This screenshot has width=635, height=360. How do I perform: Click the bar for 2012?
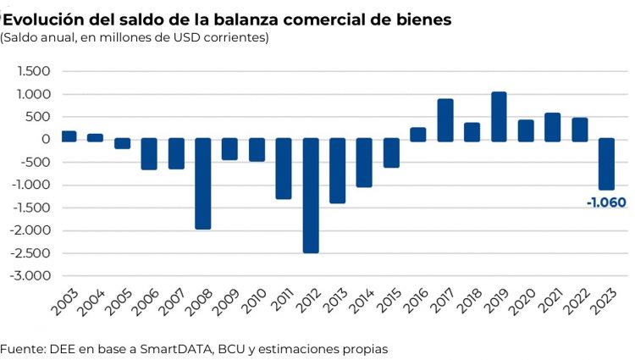pyautogui.click(x=311, y=195)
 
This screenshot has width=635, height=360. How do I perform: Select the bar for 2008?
pyautogui.click(x=203, y=183)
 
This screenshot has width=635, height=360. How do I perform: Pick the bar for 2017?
pyautogui.click(x=445, y=119)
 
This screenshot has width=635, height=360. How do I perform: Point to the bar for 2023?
pyautogui.click(x=606, y=163)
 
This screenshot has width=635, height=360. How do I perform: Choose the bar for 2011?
pyautogui.click(x=284, y=169)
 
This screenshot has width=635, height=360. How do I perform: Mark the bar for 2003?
pyautogui.click(x=69, y=136)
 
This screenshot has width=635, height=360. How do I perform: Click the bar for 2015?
pyautogui.click(x=391, y=152)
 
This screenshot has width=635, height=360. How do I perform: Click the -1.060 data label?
pyautogui.click(x=605, y=202)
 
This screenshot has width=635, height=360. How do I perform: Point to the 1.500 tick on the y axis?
pyautogui.click(x=34, y=71)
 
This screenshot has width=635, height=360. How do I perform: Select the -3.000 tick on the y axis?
pyautogui.click(x=31, y=276)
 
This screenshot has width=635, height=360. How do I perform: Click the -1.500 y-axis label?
pyautogui.click(x=31, y=208)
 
